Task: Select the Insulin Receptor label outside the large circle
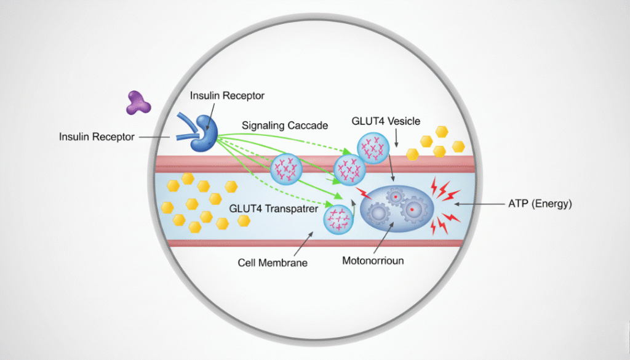tap(97, 137)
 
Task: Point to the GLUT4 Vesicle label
tap(385, 121)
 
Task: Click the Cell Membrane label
tap(273, 263)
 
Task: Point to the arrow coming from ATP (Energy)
tap(474, 204)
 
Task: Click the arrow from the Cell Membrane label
tap(298, 245)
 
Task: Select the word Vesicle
tap(404, 121)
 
